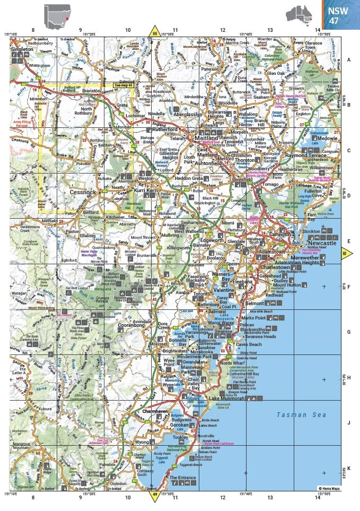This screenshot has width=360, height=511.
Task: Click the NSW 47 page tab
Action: (x=340, y=15)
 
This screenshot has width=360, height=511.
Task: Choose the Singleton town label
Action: (x=22, y=49)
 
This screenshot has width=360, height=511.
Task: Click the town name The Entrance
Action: (x=182, y=478)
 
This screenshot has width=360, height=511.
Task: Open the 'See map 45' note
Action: (x=124, y=84)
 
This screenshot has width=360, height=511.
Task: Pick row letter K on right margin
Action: (x=349, y=468)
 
